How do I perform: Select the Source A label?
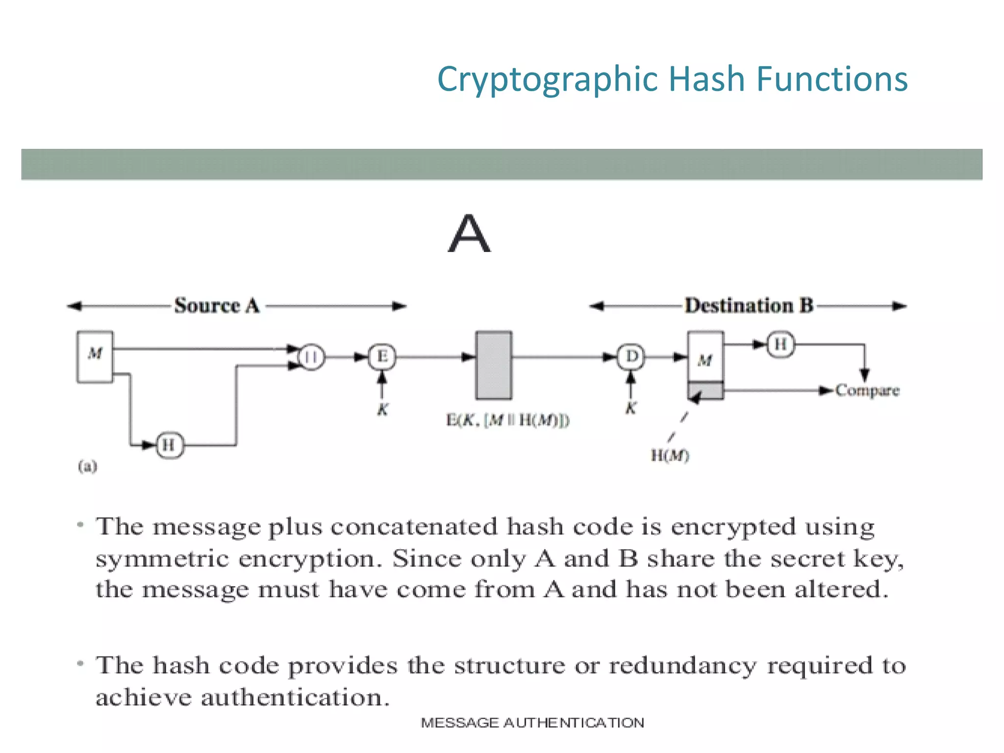217,305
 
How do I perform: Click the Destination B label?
749,305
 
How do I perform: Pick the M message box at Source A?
95,356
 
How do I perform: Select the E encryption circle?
382,356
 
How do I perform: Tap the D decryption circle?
631,356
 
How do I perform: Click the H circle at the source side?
169,445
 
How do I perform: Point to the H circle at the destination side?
780,345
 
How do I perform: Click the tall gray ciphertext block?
494,365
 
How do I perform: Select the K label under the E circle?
382,409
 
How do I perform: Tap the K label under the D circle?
631,408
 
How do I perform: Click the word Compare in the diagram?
867,391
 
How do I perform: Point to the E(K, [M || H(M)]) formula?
507,421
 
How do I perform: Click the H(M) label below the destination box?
670,456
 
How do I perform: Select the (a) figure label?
87,466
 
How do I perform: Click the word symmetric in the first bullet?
162,559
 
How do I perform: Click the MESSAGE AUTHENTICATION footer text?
532,723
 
